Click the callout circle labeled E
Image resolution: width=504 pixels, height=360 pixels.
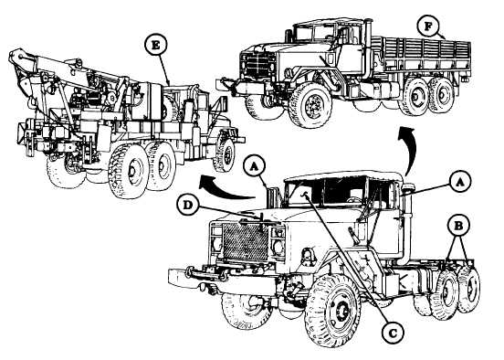(155, 45)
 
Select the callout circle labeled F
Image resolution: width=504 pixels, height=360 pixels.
(428, 26)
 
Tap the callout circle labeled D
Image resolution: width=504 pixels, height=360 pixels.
(187, 206)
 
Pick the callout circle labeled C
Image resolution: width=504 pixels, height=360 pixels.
(393, 333)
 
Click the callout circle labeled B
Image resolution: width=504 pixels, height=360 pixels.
(458, 226)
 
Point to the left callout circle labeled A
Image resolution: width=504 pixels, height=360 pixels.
(254, 166)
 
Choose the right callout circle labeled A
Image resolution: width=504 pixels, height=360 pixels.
(460, 182)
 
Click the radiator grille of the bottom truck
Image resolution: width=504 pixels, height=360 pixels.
(245, 241)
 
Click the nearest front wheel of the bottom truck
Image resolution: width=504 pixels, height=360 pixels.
(332, 311)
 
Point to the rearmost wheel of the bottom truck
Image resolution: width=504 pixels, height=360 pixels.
(467, 289)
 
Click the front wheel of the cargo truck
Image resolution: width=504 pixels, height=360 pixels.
(310, 105)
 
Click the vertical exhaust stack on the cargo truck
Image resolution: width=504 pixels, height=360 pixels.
(368, 48)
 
